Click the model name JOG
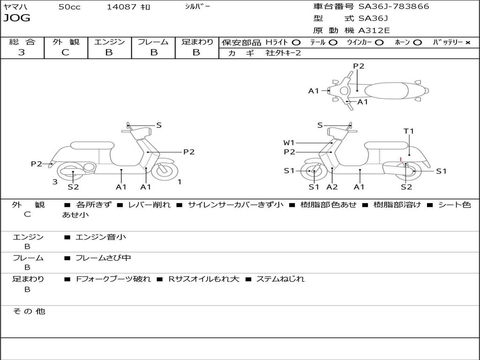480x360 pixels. (17, 18)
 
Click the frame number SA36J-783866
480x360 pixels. (394, 7)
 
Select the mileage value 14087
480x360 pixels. (122, 7)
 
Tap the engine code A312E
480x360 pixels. (374, 31)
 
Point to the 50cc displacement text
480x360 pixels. (69, 7)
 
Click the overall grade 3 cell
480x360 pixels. (22, 52)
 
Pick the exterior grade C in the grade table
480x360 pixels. (66, 52)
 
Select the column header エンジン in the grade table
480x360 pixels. (109, 42)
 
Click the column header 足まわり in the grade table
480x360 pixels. (197, 42)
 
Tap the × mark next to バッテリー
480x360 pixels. (467, 42)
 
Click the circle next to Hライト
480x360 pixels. (296, 42)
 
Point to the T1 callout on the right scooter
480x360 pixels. (409, 131)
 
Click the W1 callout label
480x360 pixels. (289, 142)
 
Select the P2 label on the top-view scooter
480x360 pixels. (359, 66)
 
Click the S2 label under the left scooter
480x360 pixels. (73, 187)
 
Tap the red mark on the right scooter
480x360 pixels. (401, 159)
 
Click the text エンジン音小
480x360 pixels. (101, 237)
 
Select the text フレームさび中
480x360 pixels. (103, 258)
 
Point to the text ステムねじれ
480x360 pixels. (280, 279)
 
